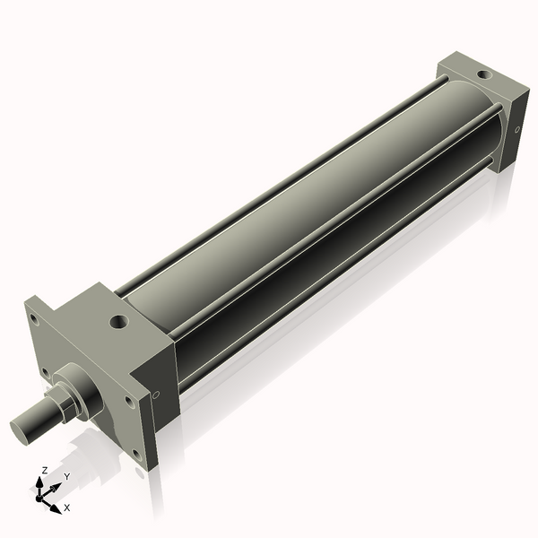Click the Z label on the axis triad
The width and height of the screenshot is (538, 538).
click(45, 470)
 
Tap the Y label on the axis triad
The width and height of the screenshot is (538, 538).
click(66, 477)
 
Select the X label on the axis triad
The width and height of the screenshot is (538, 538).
click(66, 508)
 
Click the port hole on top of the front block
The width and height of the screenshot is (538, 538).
click(117, 320)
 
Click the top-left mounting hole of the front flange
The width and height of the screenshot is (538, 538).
click(33, 317)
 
